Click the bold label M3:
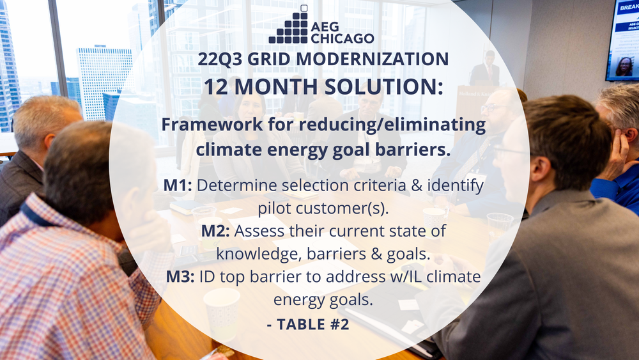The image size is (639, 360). [180, 277]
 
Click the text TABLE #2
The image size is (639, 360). [313, 324]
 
